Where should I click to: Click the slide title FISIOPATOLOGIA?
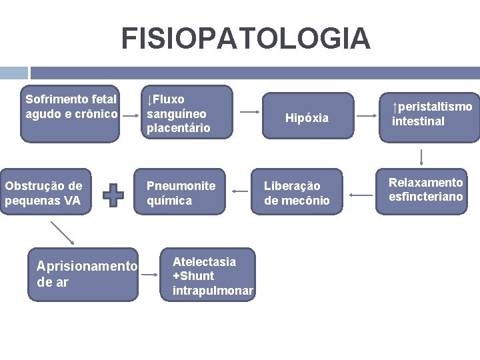[x=245, y=38]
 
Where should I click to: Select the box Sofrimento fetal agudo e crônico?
[x=70, y=113]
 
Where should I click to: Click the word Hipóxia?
[x=307, y=118]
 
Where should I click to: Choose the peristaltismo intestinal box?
[x=430, y=114]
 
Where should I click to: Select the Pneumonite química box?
[x=181, y=193]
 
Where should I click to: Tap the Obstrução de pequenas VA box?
[x=45, y=193]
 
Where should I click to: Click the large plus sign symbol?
[x=114, y=195]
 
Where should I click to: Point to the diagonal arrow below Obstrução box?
[x=63, y=233]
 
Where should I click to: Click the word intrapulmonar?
[x=213, y=291]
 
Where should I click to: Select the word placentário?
[x=178, y=127]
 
